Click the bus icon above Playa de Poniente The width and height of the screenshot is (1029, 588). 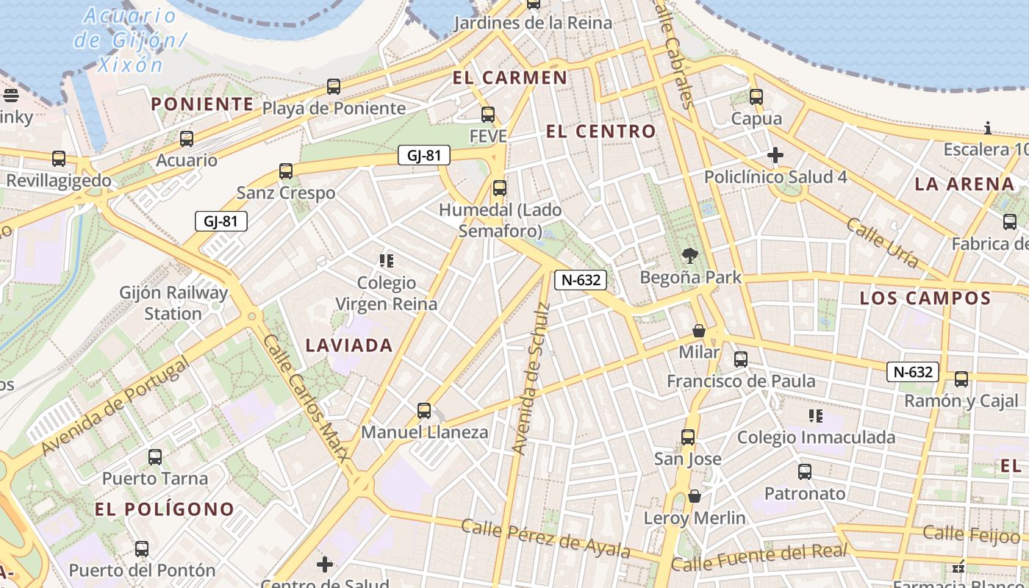point(334,87)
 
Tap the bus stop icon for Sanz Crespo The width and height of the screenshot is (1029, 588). point(286,171)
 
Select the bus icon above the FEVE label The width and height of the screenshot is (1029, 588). point(488,115)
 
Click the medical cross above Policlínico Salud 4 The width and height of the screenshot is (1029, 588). point(775,155)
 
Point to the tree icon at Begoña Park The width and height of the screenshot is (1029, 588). point(689,256)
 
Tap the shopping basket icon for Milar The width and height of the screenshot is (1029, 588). point(699,331)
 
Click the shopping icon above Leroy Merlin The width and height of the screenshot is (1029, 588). point(695,496)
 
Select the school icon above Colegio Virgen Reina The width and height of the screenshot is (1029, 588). point(386,260)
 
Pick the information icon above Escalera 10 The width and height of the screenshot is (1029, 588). point(988,129)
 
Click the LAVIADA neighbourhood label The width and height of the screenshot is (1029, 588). point(349,345)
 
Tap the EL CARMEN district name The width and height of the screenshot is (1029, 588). point(510,78)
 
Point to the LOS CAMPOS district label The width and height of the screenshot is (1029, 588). point(925,298)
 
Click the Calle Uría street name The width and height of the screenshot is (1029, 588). point(883,243)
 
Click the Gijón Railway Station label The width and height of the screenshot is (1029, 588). point(174,303)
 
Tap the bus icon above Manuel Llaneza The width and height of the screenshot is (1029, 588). point(424,411)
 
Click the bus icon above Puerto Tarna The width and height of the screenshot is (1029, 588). point(155,457)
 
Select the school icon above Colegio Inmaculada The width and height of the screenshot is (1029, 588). point(816,416)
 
